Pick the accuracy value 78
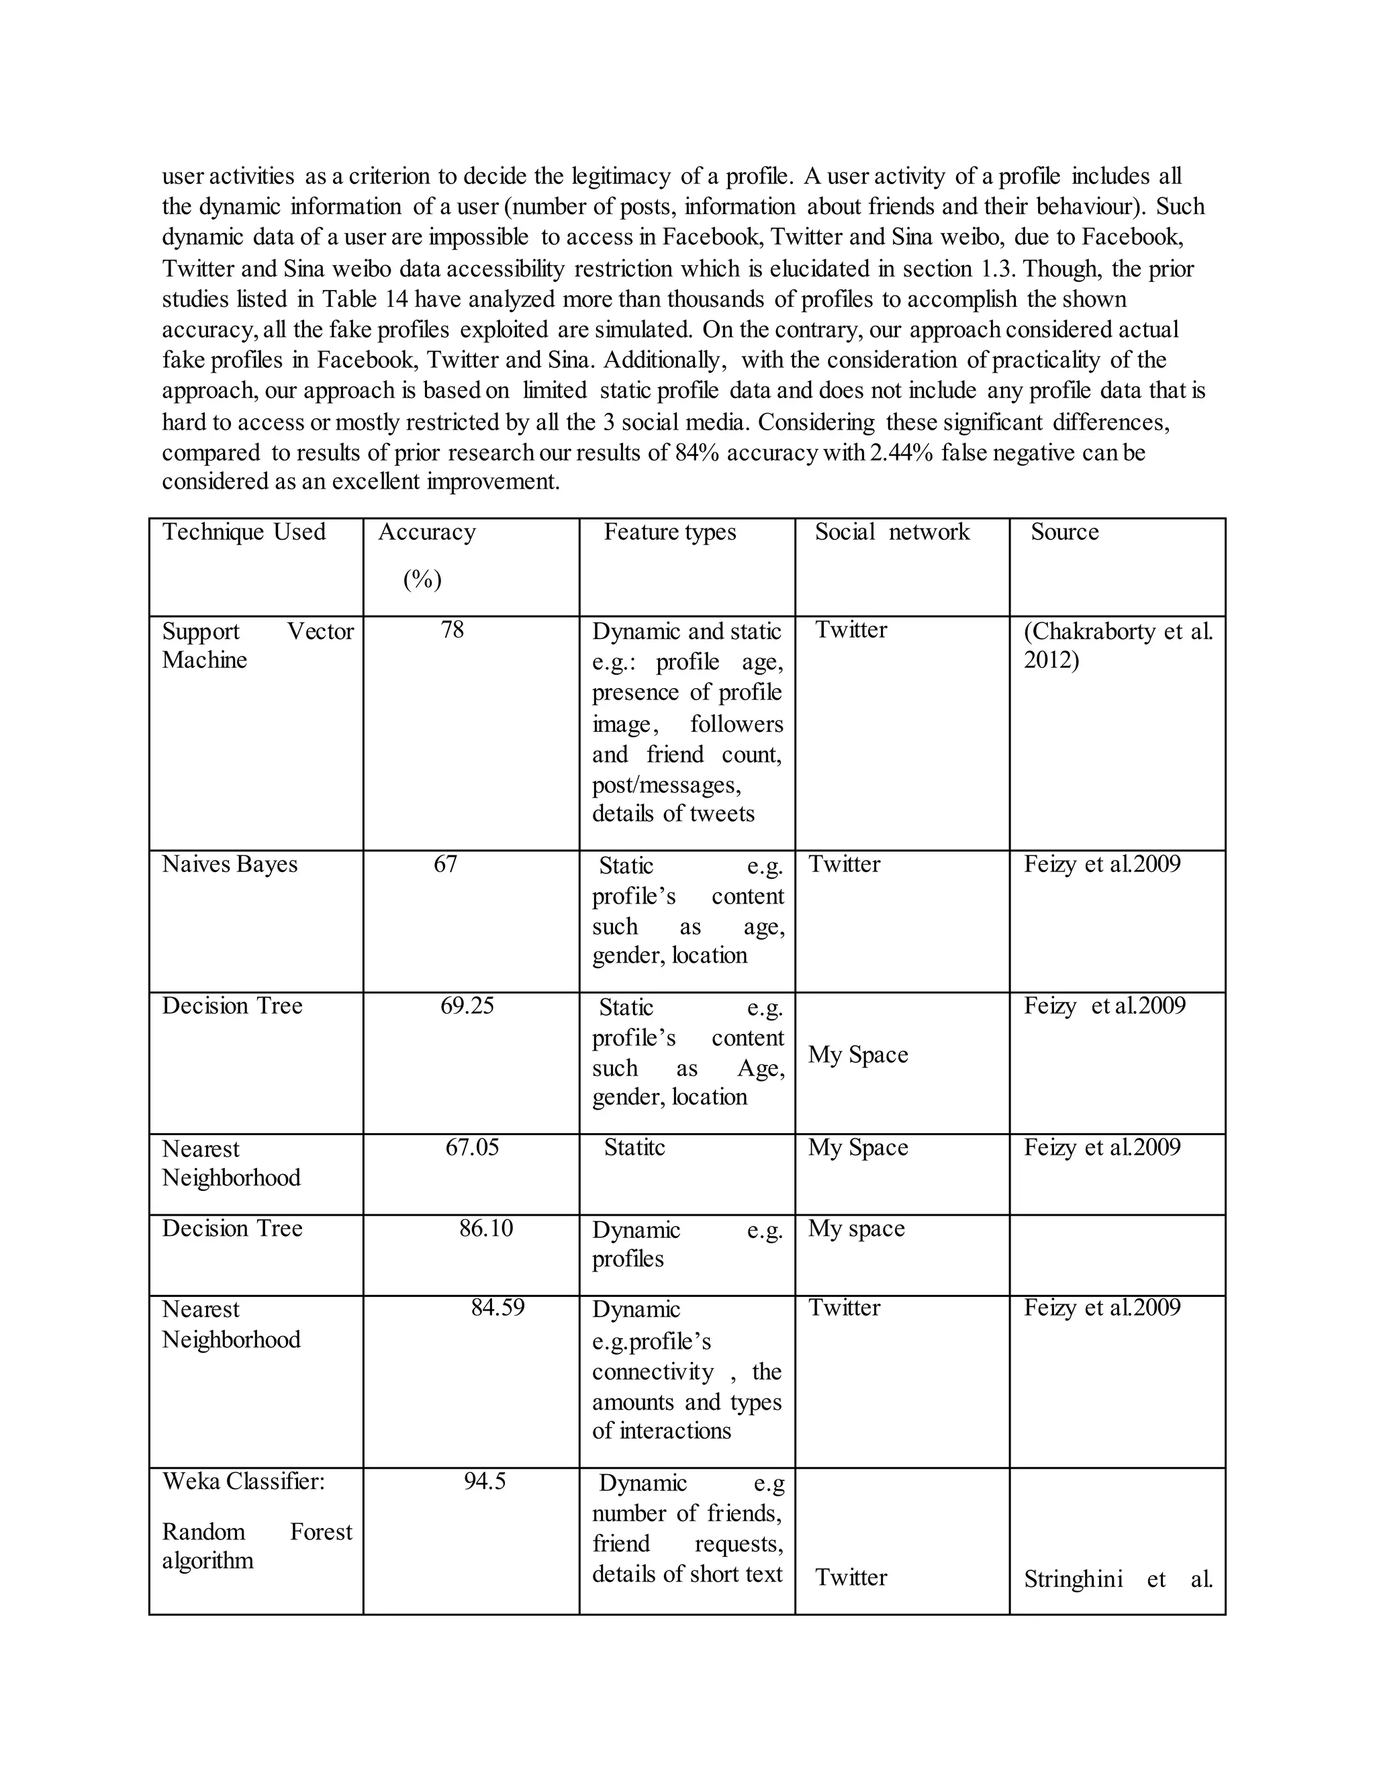pos(452,630)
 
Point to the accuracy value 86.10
pos(485,1228)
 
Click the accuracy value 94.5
pos(485,1480)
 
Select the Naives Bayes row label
pos(230,863)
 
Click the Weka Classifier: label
pos(243,1480)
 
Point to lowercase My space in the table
pos(856,1228)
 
